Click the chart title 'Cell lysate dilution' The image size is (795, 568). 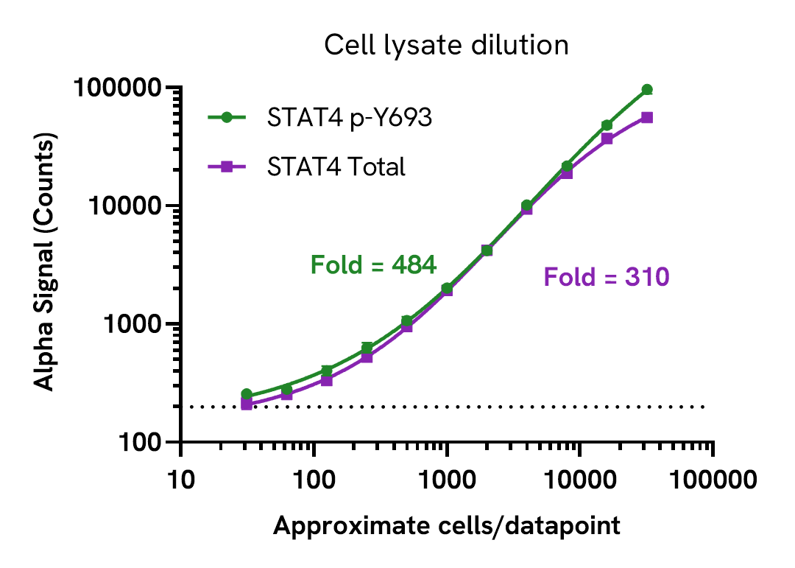(446, 46)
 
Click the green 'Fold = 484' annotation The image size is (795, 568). (374, 264)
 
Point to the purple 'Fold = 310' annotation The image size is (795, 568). (607, 277)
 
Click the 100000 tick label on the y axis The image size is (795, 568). (117, 88)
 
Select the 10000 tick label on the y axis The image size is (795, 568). (124, 206)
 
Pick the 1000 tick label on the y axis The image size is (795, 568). (130, 324)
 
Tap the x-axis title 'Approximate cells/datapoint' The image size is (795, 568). (446, 526)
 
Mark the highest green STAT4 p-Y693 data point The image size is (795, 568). (647, 89)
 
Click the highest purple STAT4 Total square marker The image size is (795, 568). (647, 117)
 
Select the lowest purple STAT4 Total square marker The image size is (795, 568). (247, 404)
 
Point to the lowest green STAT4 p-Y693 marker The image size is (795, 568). (247, 394)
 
